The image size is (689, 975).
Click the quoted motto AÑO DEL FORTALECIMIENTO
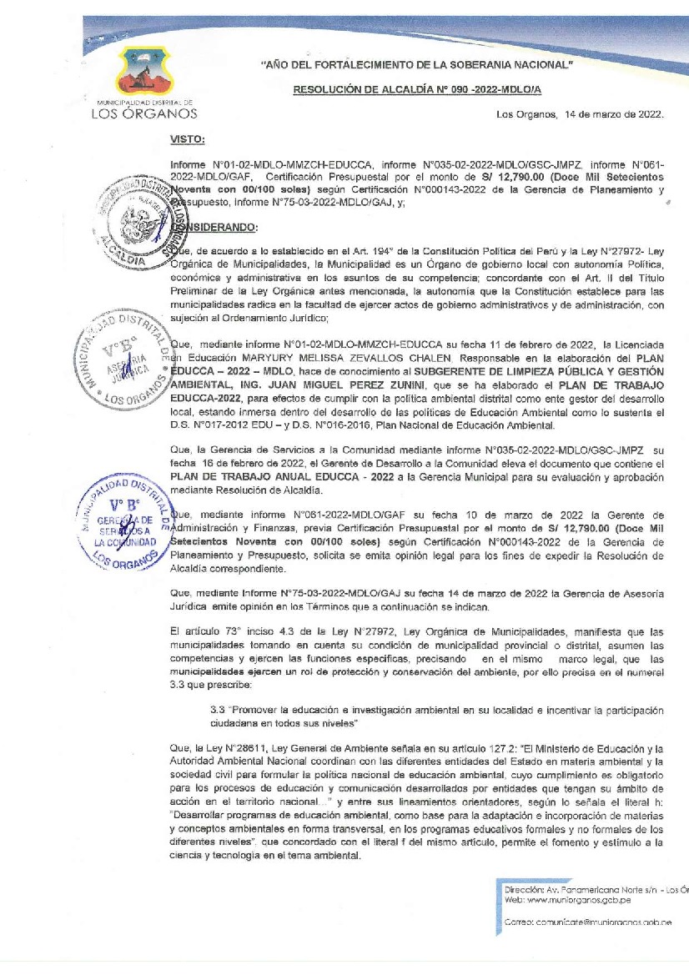417,64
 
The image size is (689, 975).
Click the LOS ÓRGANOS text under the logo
143,113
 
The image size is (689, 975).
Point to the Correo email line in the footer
589,921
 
